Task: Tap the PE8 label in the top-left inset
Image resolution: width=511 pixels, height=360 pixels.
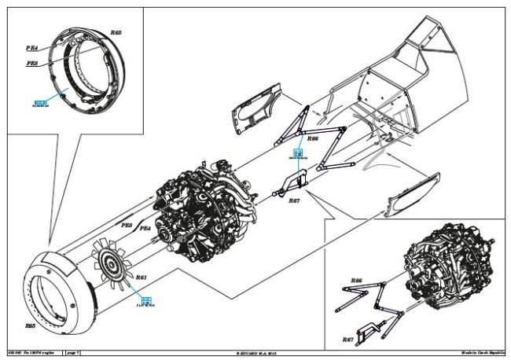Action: (34, 64)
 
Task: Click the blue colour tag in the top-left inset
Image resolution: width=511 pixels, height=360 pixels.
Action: (41, 103)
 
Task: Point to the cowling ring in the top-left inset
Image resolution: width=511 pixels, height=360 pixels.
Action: (94, 75)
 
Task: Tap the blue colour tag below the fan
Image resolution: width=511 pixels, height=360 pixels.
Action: (146, 299)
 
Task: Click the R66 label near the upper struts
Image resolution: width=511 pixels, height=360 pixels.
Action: (313, 138)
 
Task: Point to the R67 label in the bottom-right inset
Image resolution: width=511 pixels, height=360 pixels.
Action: (348, 339)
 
